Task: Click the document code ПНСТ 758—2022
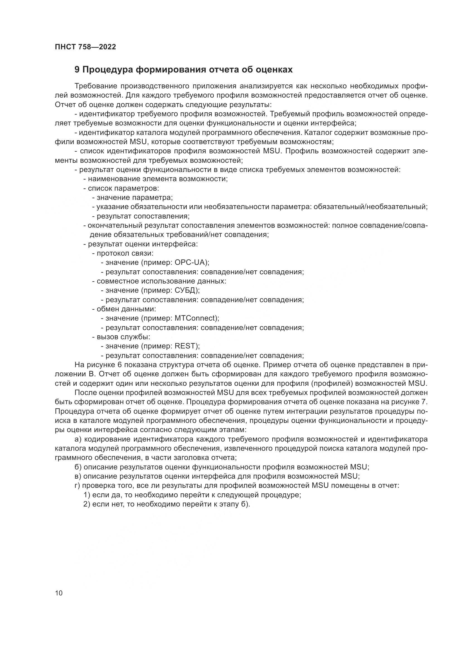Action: (x=86, y=47)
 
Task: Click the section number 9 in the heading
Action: (x=77, y=70)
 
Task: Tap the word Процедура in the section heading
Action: (x=108, y=70)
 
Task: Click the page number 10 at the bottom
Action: (x=59, y=593)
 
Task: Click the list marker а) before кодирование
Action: (x=78, y=439)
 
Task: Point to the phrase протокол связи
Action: (x=125, y=253)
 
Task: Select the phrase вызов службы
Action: (x=123, y=337)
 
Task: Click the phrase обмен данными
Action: (x=126, y=309)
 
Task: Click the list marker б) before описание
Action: (x=78, y=467)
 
